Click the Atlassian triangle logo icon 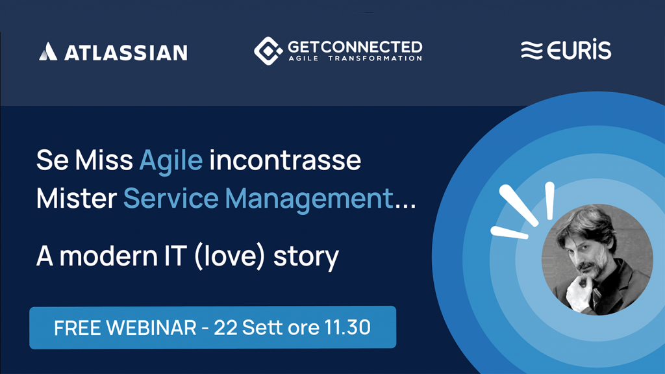coord(48,51)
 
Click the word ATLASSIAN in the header coord(126,53)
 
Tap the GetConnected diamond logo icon coord(268,51)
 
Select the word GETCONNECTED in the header coord(355,47)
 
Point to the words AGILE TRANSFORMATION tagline coord(355,58)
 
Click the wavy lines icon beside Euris coord(532,51)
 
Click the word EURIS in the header coord(579,49)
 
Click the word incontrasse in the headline coord(285,160)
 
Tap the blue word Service coord(171,198)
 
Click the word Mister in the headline coord(77,198)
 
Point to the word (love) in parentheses coord(229,256)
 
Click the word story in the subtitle coord(307,258)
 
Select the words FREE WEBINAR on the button coord(125,328)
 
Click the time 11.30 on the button coord(347,327)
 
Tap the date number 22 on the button coord(225,327)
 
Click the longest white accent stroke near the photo coord(519,205)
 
